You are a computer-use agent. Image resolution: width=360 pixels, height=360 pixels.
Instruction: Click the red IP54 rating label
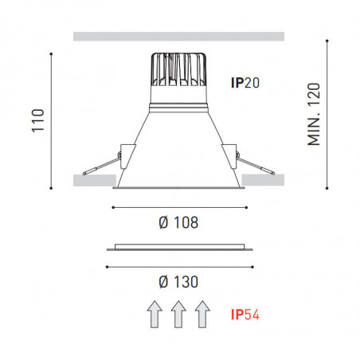[x=245, y=316]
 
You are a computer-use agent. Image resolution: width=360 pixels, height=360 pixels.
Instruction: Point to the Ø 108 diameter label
[x=178, y=223]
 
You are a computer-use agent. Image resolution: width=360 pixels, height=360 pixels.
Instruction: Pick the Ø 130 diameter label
[x=178, y=281]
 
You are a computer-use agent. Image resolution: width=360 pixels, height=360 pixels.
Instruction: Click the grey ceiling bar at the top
[x=178, y=36]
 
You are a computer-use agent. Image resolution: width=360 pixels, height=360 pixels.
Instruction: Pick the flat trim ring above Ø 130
[x=178, y=247]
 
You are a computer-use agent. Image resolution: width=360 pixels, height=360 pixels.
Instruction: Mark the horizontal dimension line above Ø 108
[x=178, y=207]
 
